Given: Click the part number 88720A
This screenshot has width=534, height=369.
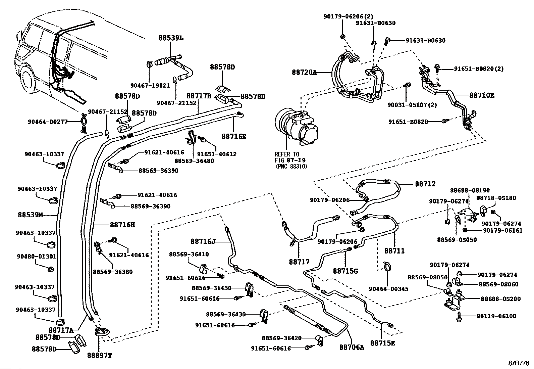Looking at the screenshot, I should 304,72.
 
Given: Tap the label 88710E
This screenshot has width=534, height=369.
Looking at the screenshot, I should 482,95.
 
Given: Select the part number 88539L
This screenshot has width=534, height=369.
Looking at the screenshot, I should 171,38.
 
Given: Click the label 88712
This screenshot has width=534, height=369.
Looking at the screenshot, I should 425,184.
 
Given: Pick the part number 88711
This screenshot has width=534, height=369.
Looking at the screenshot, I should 394,250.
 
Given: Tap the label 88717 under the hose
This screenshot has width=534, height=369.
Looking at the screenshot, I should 299,261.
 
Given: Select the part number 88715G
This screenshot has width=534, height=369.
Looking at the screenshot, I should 345,271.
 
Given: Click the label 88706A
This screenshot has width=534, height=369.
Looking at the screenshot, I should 352,348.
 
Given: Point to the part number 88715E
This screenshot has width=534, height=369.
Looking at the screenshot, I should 383,343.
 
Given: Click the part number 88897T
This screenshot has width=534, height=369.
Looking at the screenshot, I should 99,355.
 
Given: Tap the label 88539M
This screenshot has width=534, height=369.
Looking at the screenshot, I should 30,215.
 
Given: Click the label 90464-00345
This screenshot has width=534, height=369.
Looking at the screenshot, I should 389,289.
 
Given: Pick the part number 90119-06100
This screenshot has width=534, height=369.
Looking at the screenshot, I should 496,316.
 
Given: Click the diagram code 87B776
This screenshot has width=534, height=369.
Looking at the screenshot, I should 519,363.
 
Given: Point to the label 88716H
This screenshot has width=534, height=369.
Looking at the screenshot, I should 122,225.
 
